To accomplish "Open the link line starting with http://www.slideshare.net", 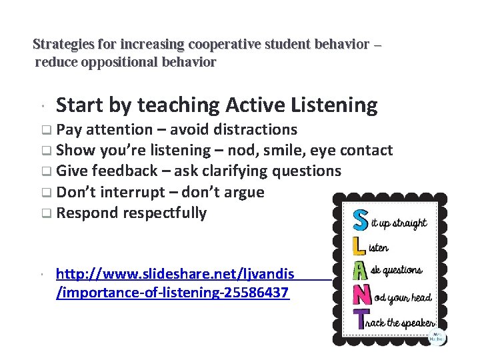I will pyautogui.click(x=175, y=274).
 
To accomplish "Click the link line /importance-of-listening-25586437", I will pyautogui.click(x=173, y=293).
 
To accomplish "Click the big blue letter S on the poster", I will pyautogui.click(x=360, y=221).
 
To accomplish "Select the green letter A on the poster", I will pyautogui.click(x=359, y=270).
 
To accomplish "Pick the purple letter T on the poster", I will pyautogui.click(x=360, y=320).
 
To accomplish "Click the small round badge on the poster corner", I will pyautogui.click(x=437, y=337).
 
